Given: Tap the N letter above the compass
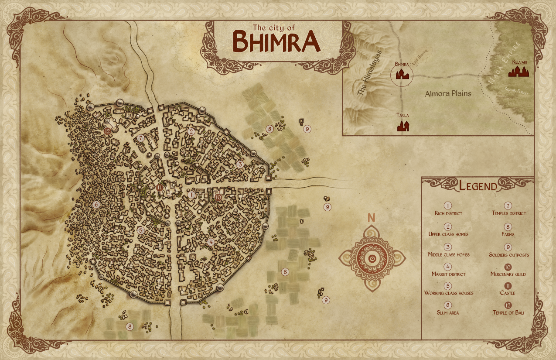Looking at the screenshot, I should tap(371, 218).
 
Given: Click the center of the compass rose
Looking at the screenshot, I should tap(372, 259).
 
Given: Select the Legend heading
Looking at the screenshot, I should tap(478, 186).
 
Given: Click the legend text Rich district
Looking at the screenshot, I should tap(448, 213).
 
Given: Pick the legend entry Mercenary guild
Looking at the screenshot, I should tap(508, 274).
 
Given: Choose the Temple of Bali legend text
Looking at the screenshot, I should tap(508, 312).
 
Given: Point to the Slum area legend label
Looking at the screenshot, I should tap(448, 312).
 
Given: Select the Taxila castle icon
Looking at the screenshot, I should tap(403, 126).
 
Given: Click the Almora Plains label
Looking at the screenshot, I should tap(448, 93).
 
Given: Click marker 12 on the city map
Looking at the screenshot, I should tap(107, 130).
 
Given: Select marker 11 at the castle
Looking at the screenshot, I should tap(160, 188).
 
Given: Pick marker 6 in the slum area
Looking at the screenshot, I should tap(96, 204).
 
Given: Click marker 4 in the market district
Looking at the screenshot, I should tap(211, 242).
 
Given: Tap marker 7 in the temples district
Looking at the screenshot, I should tap(140, 138).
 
